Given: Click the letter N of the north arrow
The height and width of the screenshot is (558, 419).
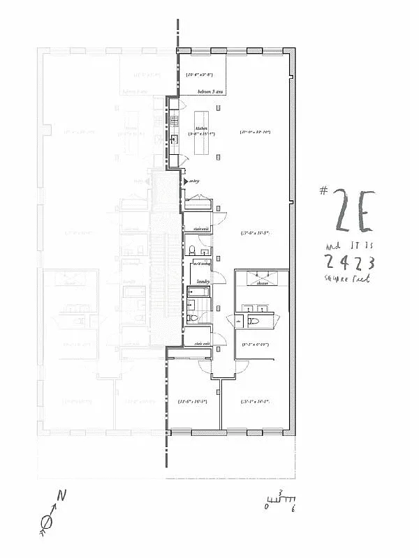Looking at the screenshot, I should point(61,496).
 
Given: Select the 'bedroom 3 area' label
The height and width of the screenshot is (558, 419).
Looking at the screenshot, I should point(209,92).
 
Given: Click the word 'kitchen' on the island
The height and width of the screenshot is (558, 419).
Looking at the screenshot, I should point(202,129).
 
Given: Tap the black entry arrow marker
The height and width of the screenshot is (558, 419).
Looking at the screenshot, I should point(185,181).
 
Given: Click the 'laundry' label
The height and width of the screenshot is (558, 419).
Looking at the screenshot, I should point(203,282).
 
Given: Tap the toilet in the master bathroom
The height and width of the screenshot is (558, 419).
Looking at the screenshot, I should point(254,321).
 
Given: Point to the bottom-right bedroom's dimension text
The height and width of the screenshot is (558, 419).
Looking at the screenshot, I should point(254,401).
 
